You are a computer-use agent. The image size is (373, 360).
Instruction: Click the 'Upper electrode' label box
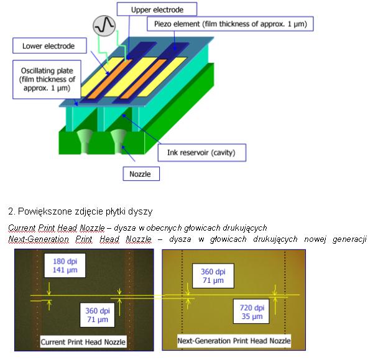(157, 9)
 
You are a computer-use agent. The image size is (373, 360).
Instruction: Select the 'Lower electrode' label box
(50, 45)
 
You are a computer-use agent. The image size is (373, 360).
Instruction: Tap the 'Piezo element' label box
(230, 24)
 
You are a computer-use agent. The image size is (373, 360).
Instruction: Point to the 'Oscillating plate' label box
(47, 79)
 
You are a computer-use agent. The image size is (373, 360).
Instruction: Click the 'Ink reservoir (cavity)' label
(201, 152)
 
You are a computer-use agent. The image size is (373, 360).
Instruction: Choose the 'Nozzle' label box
(141, 173)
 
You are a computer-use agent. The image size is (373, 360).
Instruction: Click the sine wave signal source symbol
(104, 26)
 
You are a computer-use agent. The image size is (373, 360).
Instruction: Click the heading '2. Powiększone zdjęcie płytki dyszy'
(80, 211)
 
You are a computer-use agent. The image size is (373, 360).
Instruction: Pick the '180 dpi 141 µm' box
(65, 265)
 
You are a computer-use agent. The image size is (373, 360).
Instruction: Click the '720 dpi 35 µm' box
(252, 312)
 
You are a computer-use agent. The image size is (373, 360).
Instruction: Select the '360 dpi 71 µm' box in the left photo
(98, 315)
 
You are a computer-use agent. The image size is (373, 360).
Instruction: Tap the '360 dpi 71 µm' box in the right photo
(213, 276)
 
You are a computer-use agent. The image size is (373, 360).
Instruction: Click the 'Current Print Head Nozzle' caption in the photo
(83, 342)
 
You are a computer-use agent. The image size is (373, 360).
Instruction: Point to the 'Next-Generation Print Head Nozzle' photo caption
(234, 341)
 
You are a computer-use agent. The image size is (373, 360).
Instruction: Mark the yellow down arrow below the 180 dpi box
(49, 288)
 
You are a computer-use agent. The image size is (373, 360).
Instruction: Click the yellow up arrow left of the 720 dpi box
(275, 306)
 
